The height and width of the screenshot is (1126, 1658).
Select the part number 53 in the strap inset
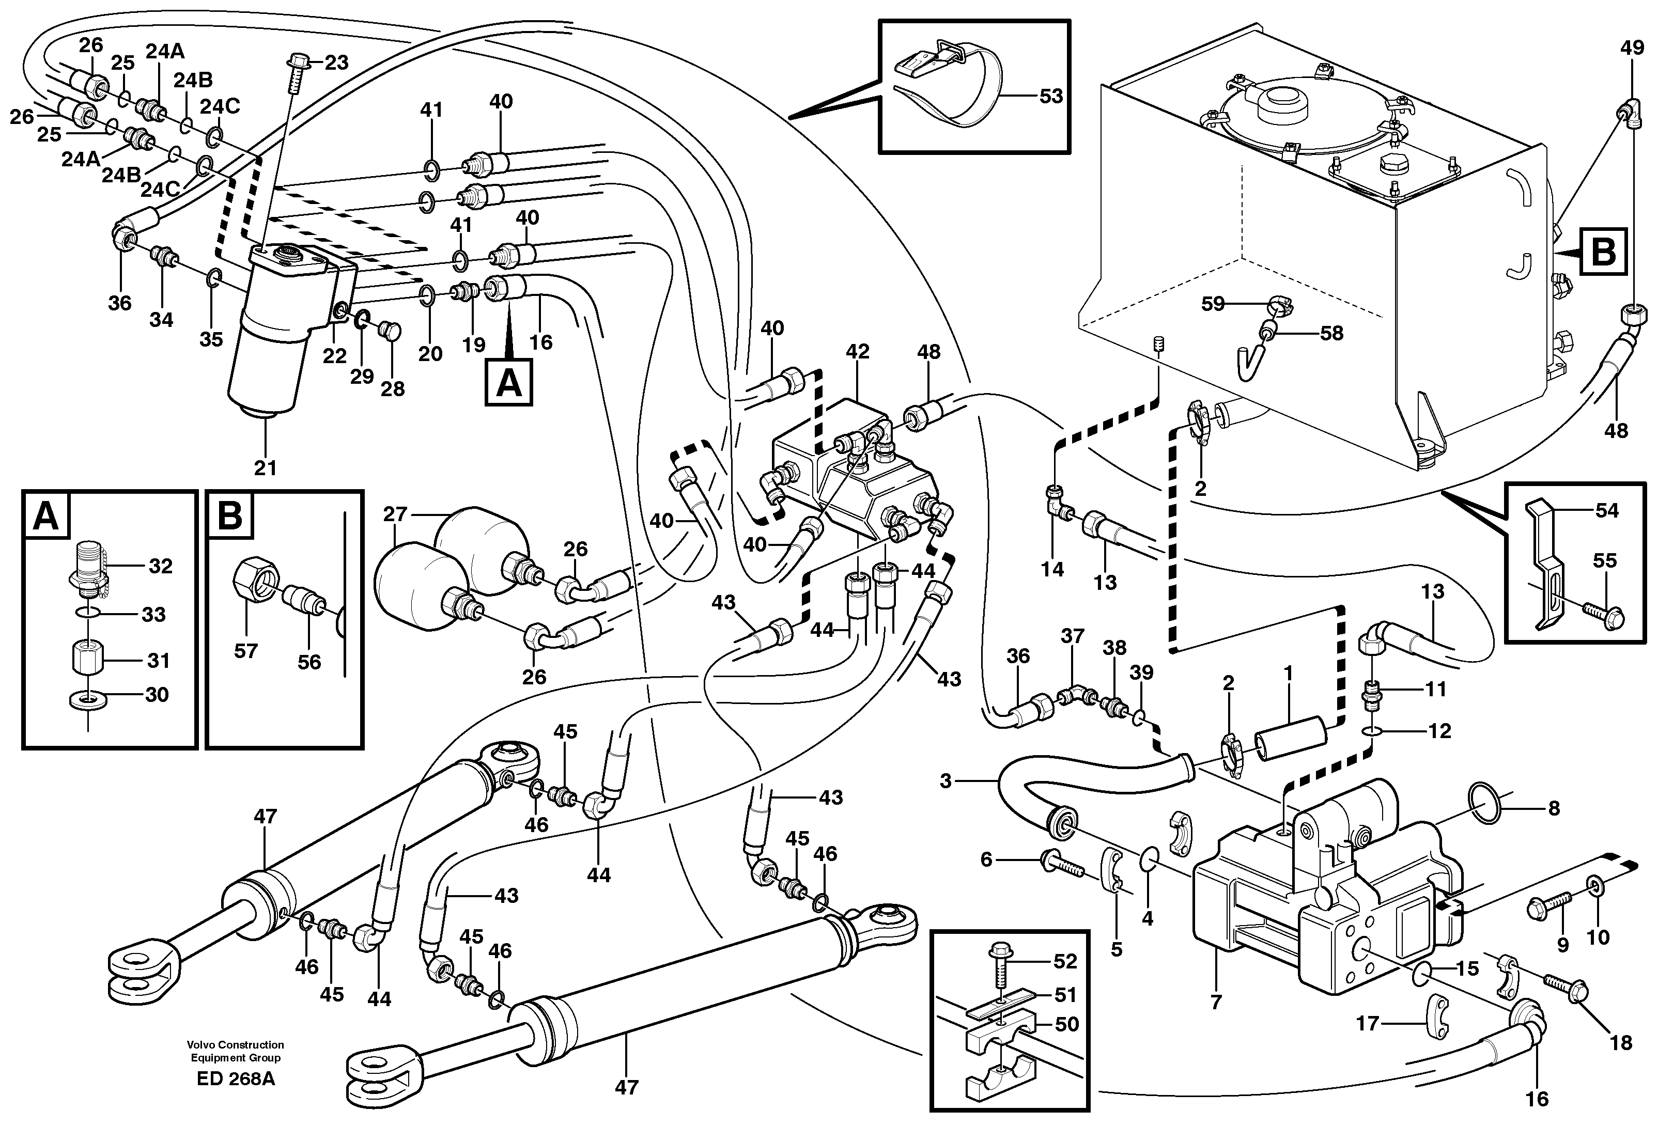[x=1050, y=96]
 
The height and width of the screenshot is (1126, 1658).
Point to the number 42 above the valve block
[x=858, y=352]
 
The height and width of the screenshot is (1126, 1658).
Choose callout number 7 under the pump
[x=1216, y=1003]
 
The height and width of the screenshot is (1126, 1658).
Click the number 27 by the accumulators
[x=395, y=514]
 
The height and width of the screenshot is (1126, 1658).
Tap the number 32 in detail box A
[x=161, y=566]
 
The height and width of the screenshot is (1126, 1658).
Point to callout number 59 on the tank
[x=1213, y=304]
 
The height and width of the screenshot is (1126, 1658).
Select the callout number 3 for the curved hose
[x=946, y=781]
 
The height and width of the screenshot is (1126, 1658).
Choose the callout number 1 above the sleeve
[x=1288, y=673]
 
